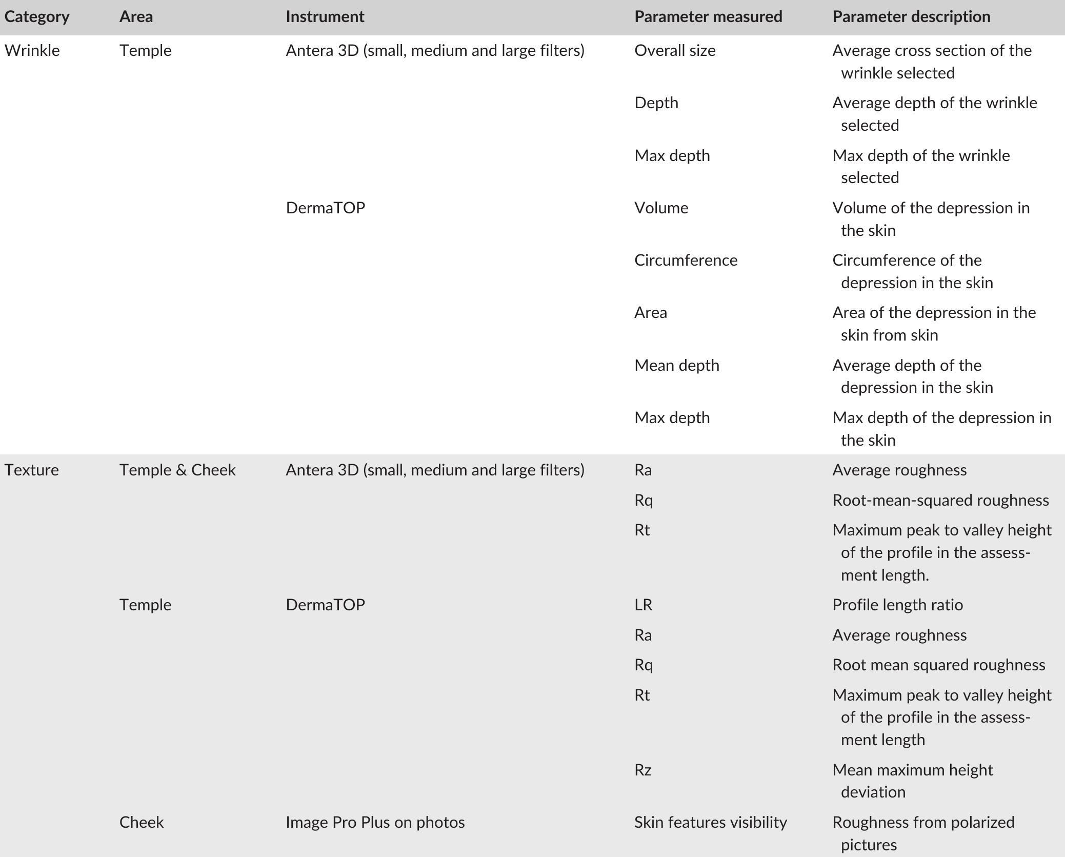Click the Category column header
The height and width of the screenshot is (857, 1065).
point(37,17)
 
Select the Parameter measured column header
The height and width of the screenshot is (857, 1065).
point(708,17)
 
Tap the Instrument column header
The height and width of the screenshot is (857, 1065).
point(325,17)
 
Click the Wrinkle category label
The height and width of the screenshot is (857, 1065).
point(32,51)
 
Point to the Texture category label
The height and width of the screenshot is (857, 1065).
point(32,470)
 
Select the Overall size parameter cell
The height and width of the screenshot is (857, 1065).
point(675,51)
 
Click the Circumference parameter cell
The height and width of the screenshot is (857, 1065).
point(686,261)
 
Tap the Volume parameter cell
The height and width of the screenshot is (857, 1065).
point(661,208)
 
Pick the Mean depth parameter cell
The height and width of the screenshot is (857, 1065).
point(676,366)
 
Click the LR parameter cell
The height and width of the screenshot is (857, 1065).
point(643,605)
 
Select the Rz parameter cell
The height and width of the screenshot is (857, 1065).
point(642,770)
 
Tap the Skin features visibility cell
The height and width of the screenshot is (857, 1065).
point(710,823)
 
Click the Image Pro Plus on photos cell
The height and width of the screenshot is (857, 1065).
point(375,823)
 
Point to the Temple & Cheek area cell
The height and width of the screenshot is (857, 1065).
point(177,470)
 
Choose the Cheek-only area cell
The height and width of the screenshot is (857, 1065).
point(142,823)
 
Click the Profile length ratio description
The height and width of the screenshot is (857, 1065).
point(897,605)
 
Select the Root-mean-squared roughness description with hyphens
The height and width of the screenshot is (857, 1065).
point(940,501)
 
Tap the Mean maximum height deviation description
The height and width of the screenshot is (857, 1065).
point(913,781)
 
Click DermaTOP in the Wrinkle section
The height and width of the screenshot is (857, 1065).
point(325,208)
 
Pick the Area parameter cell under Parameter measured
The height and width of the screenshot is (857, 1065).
point(650,313)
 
